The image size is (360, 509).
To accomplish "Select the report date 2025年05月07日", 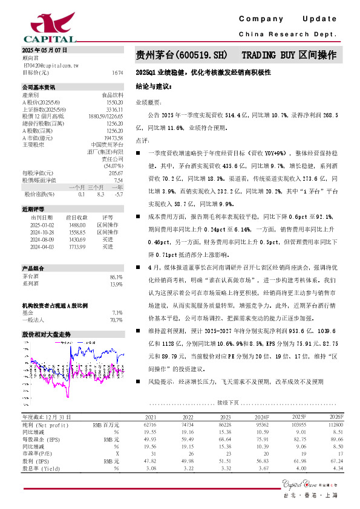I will click(45, 50).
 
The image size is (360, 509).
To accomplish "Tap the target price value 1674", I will click(117, 73).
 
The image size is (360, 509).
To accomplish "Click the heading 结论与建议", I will click(154, 87).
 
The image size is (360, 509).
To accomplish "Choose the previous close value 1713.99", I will click(77, 247).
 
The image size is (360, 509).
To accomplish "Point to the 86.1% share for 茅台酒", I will click(117, 277).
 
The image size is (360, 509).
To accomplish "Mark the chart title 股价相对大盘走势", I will click(47, 334).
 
